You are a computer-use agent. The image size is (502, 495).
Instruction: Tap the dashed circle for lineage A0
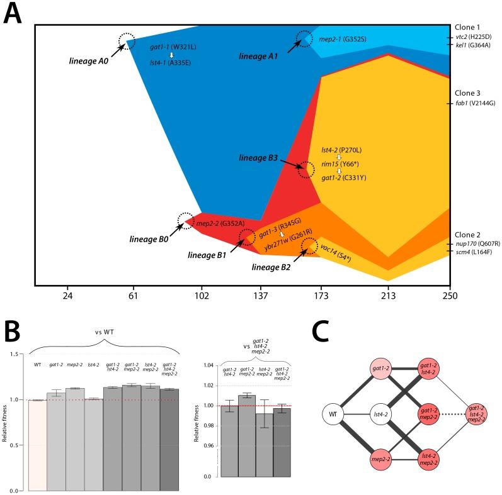pos(127,42)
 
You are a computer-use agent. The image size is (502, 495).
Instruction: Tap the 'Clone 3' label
pos(467,93)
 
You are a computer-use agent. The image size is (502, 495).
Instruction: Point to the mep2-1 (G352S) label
pos(343,40)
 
